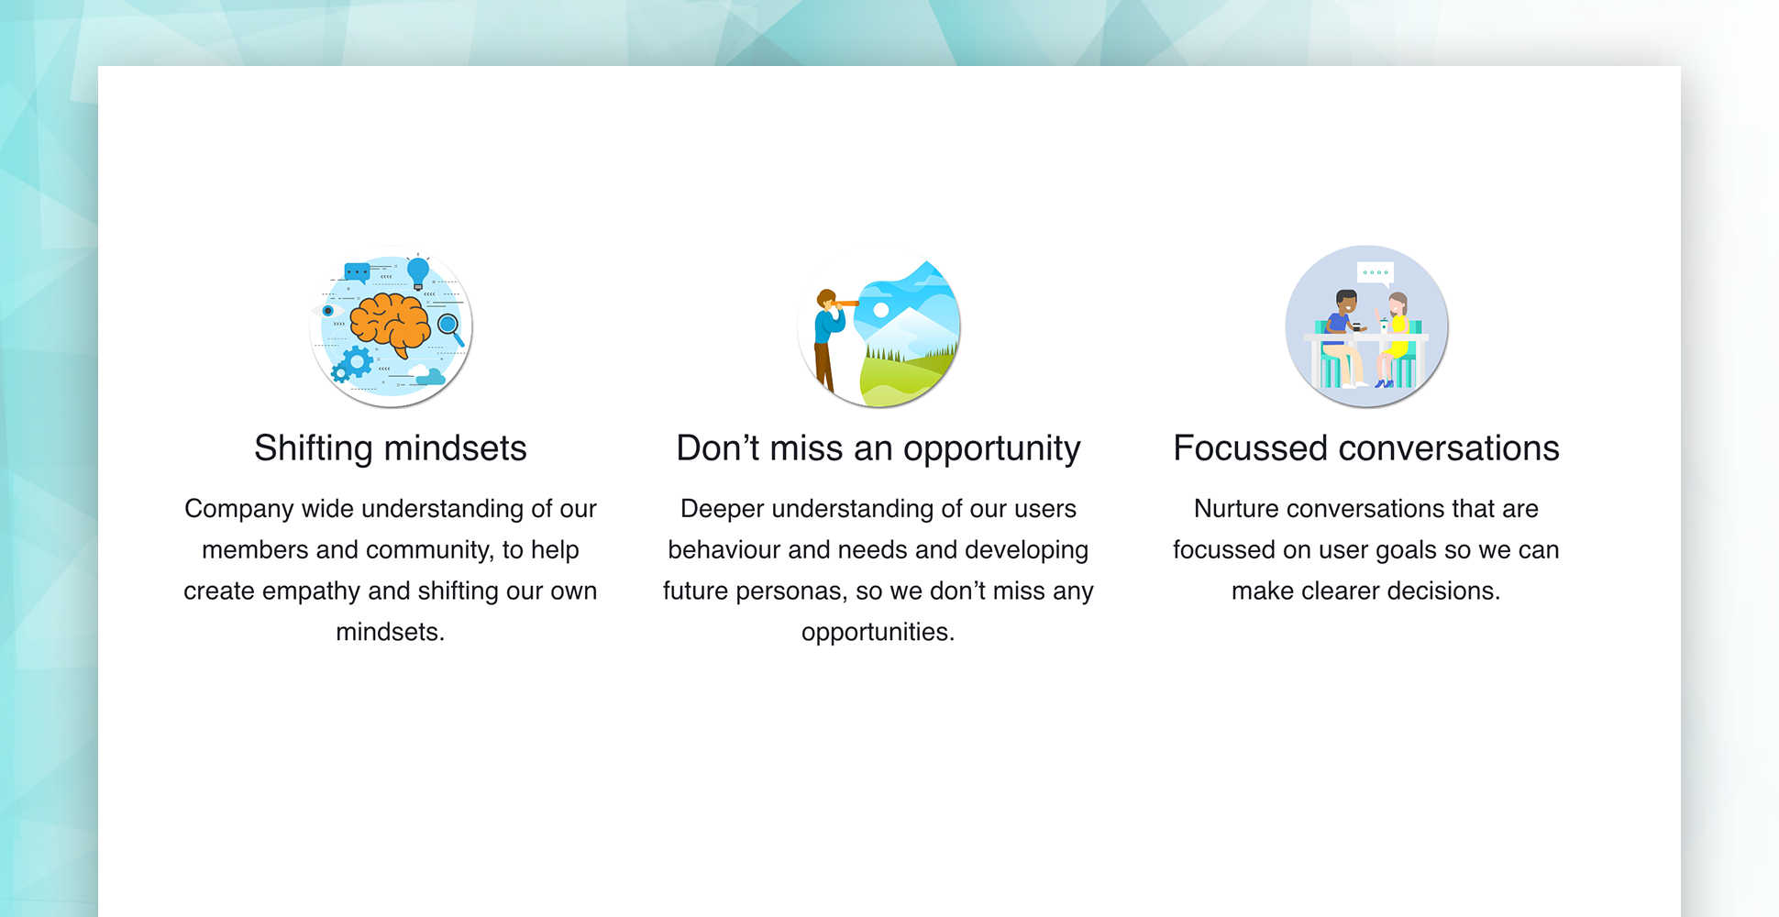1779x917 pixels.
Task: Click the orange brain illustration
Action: pyautogui.click(x=390, y=324)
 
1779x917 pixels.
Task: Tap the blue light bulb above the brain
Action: pyautogui.click(x=418, y=272)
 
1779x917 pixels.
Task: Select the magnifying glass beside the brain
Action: pyautogui.click(x=450, y=328)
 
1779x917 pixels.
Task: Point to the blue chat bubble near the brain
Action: pyautogui.click(x=357, y=272)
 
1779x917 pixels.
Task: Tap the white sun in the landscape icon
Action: pyautogui.click(x=881, y=310)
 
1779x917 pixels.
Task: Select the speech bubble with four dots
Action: pyautogui.click(x=1376, y=273)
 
